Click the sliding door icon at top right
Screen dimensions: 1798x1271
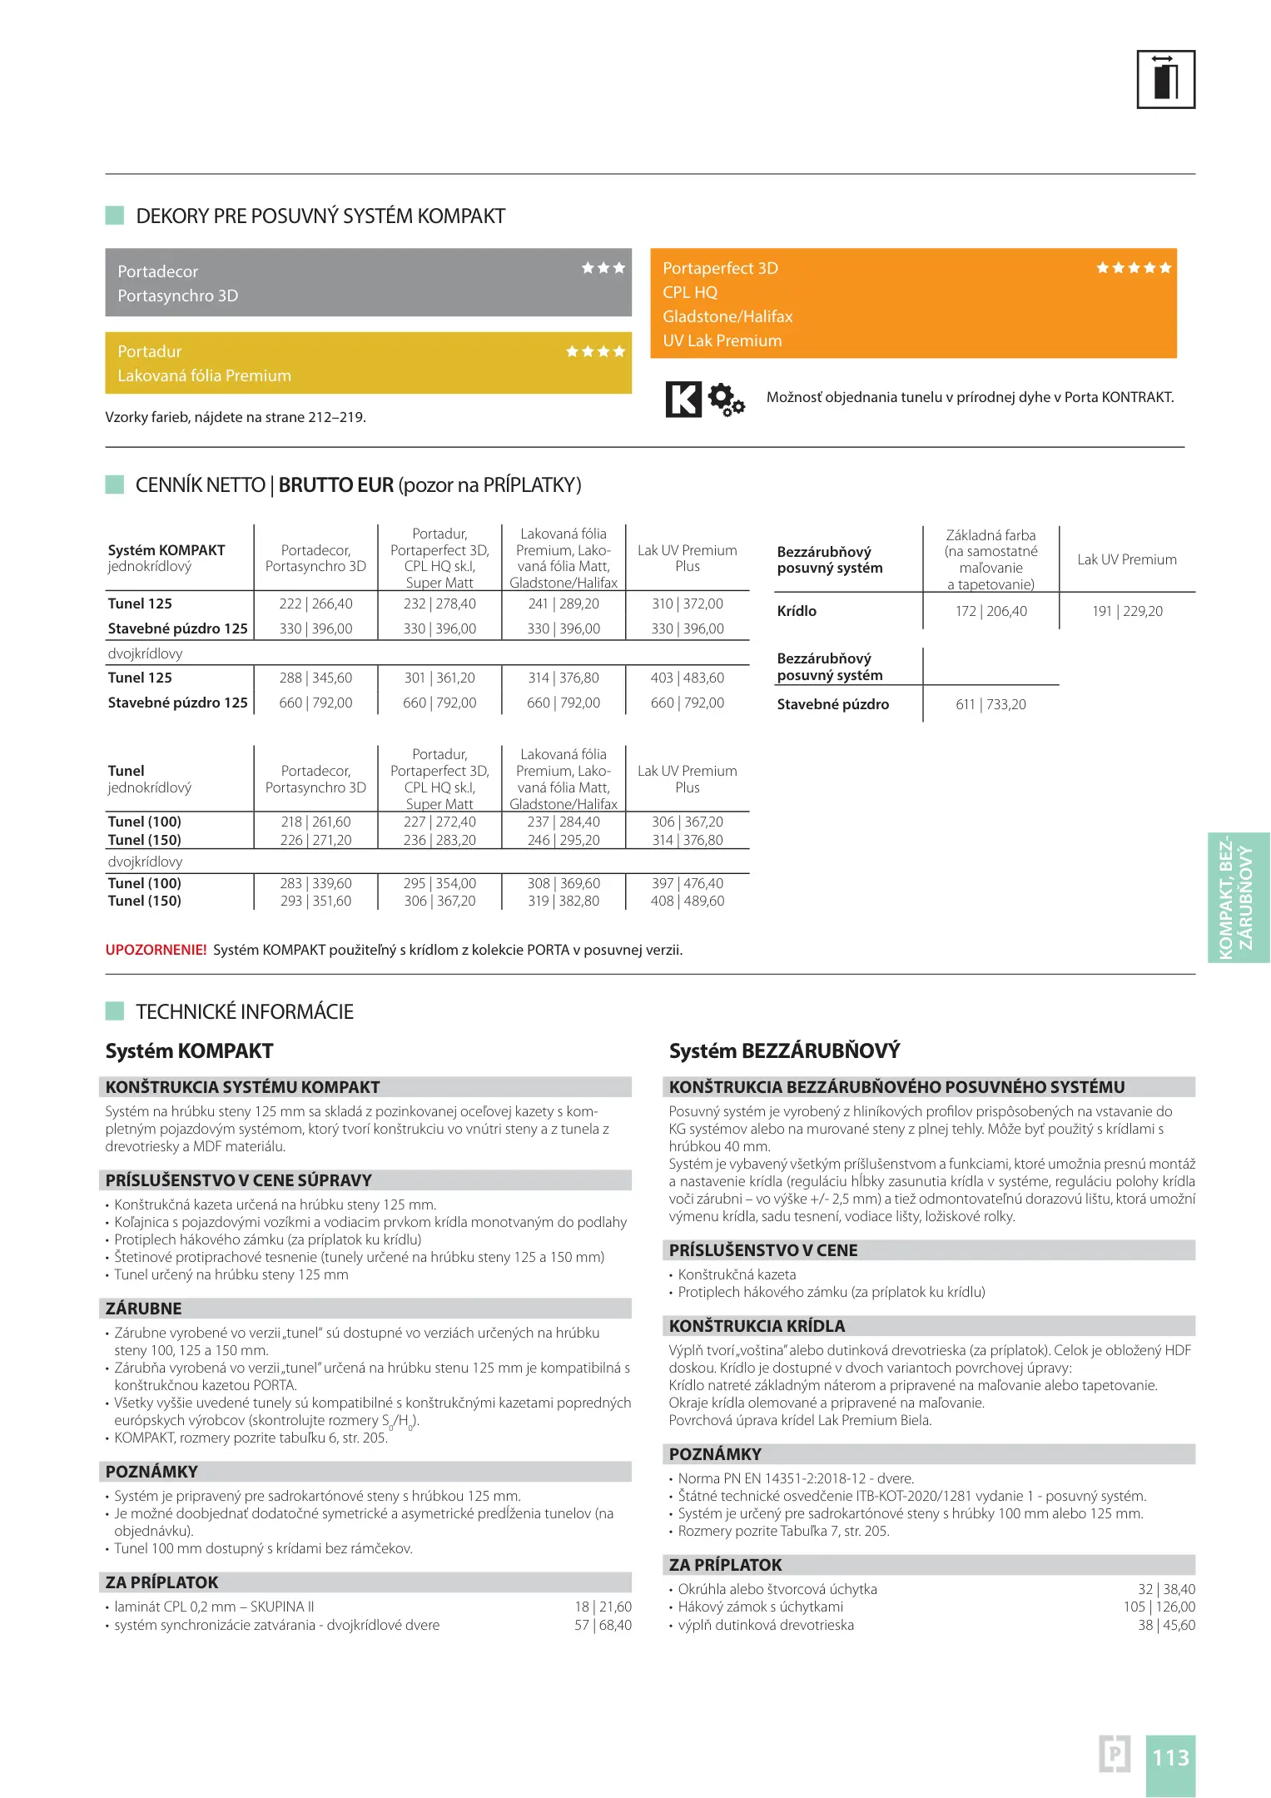pyautogui.click(x=1165, y=79)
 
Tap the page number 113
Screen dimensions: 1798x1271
pyautogui.click(x=1170, y=1757)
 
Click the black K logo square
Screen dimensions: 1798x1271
pyautogui.click(x=683, y=399)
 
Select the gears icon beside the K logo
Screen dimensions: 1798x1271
pyautogui.click(x=726, y=400)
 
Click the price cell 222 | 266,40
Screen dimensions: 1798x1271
pyautogui.click(x=315, y=603)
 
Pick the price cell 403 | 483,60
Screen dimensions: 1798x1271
pyautogui.click(x=687, y=678)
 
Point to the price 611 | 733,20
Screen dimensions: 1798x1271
pyautogui.click(x=990, y=704)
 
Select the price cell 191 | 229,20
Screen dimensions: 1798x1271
pyautogui.click(x=1127, y=611)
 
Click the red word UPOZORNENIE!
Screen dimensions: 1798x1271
pyautogui.click(x=156, y=950)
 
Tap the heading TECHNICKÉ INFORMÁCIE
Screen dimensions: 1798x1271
pyautogui.click(x=244, y=1011)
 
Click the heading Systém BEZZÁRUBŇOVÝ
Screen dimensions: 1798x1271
pyautogui.click(x=784, y=1050)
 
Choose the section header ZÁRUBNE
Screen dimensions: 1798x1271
pyautogui.click(x=143, y=1308)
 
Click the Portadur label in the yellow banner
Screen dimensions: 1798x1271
pyautogui.click(x=150, y=351)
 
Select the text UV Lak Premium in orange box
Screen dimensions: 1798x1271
pyautogui.click(x=722, y=340)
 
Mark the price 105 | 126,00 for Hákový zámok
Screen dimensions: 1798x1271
pyautogui.click(x=1159, y=1607)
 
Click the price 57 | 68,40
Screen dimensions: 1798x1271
pyautogui.click(x=603, y=1624)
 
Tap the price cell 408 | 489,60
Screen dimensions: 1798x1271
pyautogui.click(x=687, y=901)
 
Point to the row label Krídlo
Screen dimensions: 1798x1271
pyautogui.click(x=797, y=611)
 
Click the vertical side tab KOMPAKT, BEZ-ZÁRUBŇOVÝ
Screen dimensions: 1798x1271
pyautogui.click(x=1238, y=897)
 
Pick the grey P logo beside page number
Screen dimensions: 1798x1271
pyautogui.click(x=1115, y=1754)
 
